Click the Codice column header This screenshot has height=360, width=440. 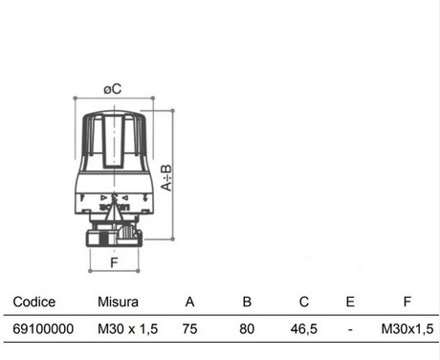(x=34, y=302)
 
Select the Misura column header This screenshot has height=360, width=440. (x=118, y=302)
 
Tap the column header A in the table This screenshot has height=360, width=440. (x=189, y=302)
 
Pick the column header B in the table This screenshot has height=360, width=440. (x=247, y=302)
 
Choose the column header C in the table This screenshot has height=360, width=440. (x=304, y=302)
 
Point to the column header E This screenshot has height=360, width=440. (x=350, y=302)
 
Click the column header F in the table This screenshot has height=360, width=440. (x=407, y=302)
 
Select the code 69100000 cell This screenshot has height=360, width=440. (x=43, y=328)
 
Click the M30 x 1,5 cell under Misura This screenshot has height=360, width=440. (x=128, y=328)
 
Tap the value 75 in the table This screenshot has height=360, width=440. (x=189, y=328)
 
